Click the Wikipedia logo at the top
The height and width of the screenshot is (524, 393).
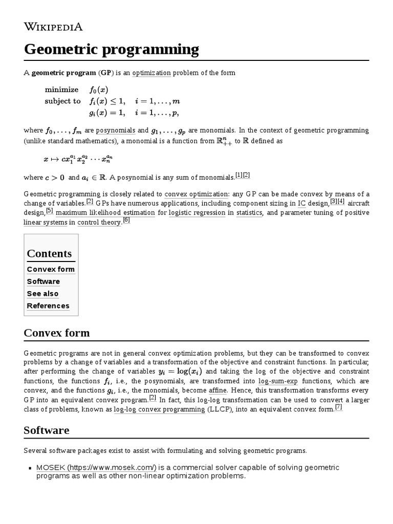point(53,27)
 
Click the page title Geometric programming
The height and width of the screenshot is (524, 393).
point(111,50)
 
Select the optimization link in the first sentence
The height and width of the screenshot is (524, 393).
point(151,73)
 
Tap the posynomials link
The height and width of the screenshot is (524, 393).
point(115,130)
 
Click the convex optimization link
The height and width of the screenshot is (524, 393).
point(196,194)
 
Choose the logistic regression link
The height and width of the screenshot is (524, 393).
point(197,212)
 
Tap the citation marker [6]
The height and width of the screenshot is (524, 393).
point(126,221)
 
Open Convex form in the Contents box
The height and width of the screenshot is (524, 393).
point(51,269)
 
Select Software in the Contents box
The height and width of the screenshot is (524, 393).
point(43,281)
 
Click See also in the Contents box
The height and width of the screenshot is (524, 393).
point(42,294)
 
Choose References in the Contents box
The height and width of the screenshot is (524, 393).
point(48,306)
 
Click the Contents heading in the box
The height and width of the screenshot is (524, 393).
point(49,254)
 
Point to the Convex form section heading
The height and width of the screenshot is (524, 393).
point(57,333)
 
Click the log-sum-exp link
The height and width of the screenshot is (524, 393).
point(278,381)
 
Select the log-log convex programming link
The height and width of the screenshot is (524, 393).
point(159,409)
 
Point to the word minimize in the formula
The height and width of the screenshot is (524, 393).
point(61,90)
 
